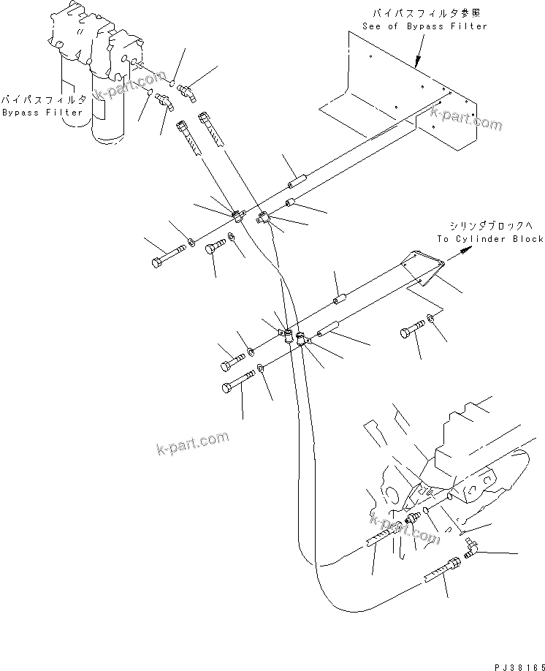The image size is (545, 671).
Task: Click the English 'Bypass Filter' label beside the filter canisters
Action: pos(32,113)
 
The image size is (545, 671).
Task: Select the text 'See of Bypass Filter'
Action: pos(424,26)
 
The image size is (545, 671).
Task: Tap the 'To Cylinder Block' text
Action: pos(490,239)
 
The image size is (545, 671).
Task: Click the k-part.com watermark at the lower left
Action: pos(192,442)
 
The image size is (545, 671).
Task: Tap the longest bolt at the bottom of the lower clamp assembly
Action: pos(237,382)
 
